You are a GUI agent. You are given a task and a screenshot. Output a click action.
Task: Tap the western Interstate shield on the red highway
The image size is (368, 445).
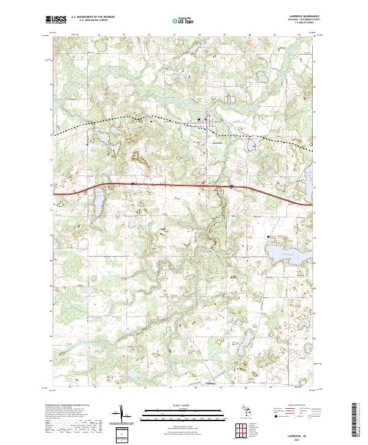pyautogui.click(x=133, y=183)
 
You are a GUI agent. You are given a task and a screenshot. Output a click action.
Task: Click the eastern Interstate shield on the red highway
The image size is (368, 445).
pyautogui.click(x=231, y=186)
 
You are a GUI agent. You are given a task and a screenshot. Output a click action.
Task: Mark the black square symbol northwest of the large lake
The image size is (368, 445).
pyautogui.click(x=268, y=236)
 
